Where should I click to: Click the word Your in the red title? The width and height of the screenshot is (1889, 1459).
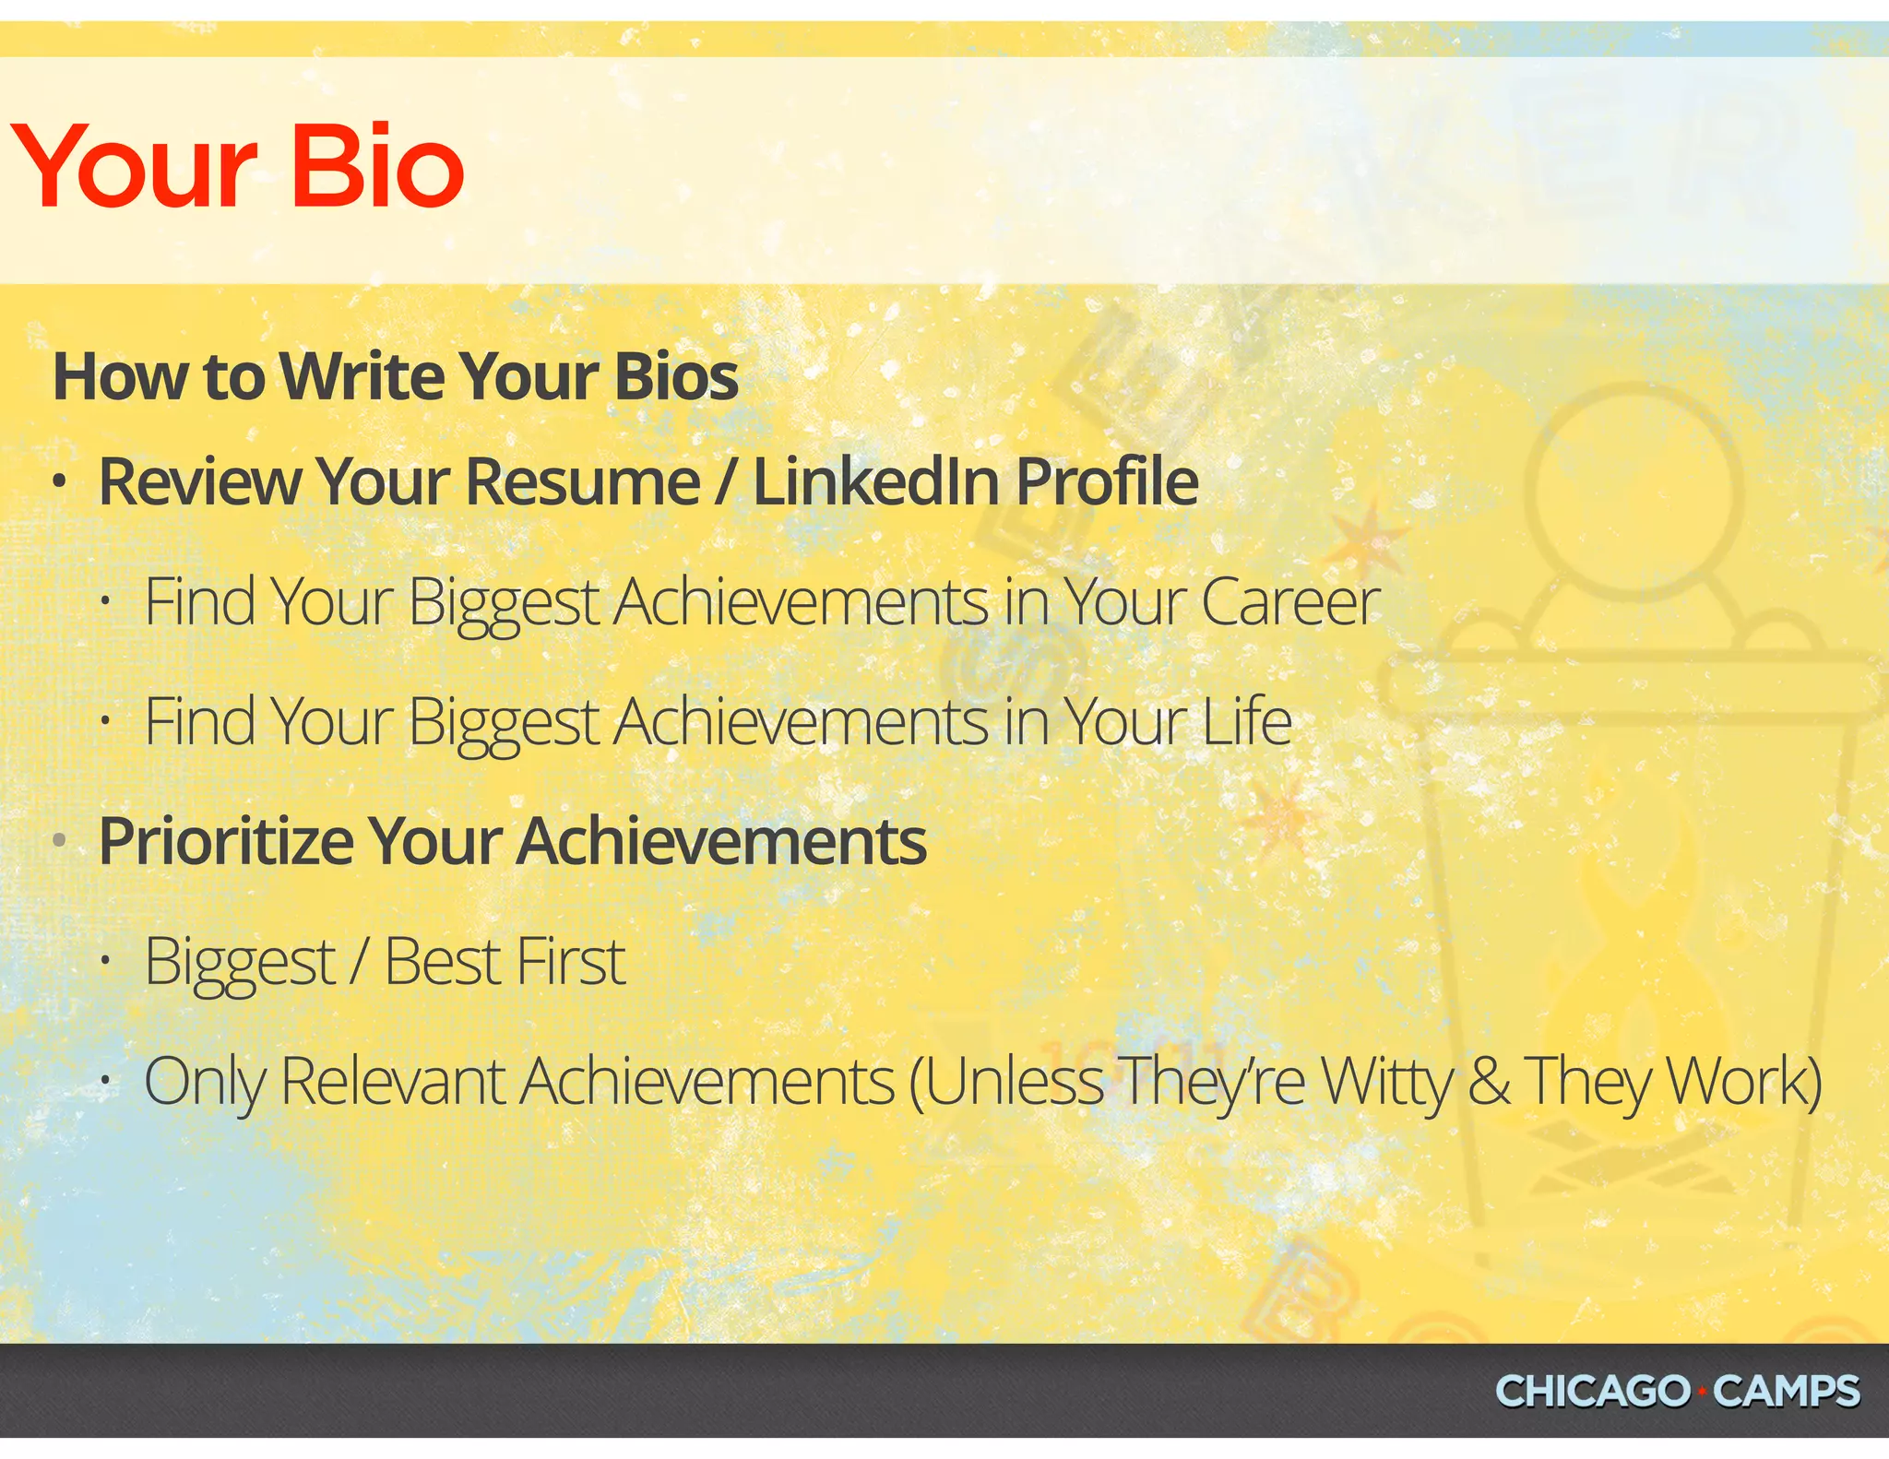tap(134, 167)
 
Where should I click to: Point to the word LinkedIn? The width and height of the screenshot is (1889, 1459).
tap(876, 481)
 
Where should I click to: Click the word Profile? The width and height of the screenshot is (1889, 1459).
tap(1107, 481)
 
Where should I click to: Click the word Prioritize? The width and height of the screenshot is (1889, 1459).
tap(225, 842)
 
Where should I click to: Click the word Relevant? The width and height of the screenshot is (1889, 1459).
tap(392, 1081)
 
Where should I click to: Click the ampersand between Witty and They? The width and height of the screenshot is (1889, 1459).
tap(1488, 1081)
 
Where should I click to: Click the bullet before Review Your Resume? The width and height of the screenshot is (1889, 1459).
tap(60, 481)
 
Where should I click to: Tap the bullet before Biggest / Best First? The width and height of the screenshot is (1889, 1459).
tap(107, 962)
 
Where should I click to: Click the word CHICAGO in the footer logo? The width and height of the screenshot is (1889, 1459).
tap(1592, 1391)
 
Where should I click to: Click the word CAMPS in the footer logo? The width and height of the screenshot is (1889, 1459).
tap(1786, 1391)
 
